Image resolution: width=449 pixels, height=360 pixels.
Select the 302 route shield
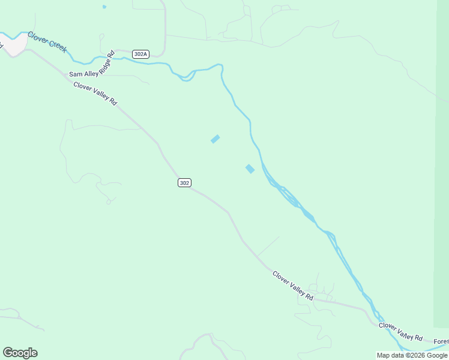(x=184, y=182)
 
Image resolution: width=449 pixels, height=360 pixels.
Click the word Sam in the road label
(x=75, y=74)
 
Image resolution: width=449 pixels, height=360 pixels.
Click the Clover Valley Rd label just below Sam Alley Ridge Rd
(x=95, y=94)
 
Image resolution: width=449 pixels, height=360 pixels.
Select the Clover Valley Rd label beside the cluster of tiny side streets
(x=293, y=286)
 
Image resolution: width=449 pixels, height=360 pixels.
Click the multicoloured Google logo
(x=20, y=353)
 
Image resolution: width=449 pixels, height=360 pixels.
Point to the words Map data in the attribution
(x=390, y=355)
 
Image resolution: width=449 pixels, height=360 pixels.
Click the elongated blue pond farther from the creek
(x=215, y=139)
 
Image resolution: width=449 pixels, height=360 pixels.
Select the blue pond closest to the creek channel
(x=250, y=169)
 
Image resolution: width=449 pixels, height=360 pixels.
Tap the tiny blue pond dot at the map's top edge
(x=104, y=7)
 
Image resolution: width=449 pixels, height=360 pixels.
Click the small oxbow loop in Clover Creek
(x=188, y=76)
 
